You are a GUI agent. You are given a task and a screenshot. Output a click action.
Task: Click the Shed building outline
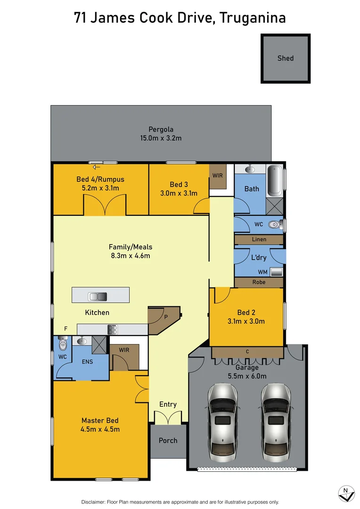click(x=286, y=58)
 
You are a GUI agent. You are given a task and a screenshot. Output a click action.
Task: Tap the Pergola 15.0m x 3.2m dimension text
click(x=161, y=138)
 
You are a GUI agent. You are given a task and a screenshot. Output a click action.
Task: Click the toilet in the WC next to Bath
click(x=274, y=225)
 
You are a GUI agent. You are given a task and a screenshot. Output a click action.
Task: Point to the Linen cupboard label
click(x=259, y=239)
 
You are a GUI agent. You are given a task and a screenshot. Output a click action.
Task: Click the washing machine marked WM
click(x=276, y=271)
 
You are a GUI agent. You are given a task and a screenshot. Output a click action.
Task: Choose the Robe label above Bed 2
click(x=259, y=282)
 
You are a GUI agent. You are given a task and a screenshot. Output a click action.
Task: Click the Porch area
click(x=168, y=441)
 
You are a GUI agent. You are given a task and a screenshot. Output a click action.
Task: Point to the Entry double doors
click(x=168, y=417)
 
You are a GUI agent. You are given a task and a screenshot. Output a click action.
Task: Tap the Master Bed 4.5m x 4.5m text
click(x=100, y=425)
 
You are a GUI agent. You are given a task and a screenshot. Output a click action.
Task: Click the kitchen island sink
click(x=98, y=296)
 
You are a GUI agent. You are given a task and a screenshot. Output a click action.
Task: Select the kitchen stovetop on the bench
click(x=112, y=329)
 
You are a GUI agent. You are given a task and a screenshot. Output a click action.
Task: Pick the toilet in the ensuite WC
click(x=62, y=345)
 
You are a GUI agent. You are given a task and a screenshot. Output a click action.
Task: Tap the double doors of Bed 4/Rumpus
click(x=105, y=205)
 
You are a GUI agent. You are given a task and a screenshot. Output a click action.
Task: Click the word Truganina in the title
click(x=253, y=18)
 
